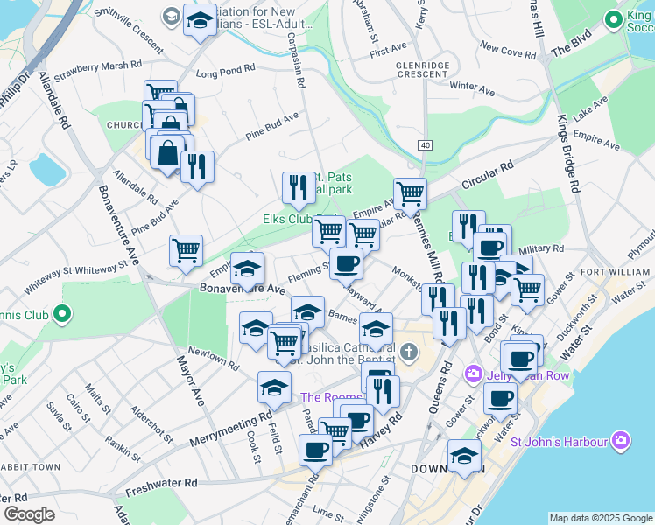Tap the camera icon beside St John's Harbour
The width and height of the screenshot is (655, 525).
(x=621, y=439)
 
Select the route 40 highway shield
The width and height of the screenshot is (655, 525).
(x=425, y=145)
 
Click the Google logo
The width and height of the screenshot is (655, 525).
(x=29, y=514)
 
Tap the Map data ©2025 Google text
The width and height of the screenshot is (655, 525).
(x=601, y=517)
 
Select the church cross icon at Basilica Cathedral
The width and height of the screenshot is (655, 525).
(x=408, y=353)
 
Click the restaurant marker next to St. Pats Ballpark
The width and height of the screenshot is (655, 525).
(x=299, y=187)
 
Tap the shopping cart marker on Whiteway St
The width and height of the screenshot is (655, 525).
(x=186, y=251)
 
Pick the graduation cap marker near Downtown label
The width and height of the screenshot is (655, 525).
(x=464, y=455)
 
